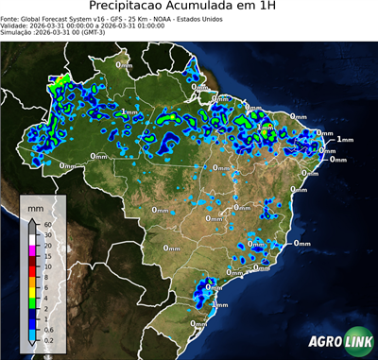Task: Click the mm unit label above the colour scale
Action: point(35,205)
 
